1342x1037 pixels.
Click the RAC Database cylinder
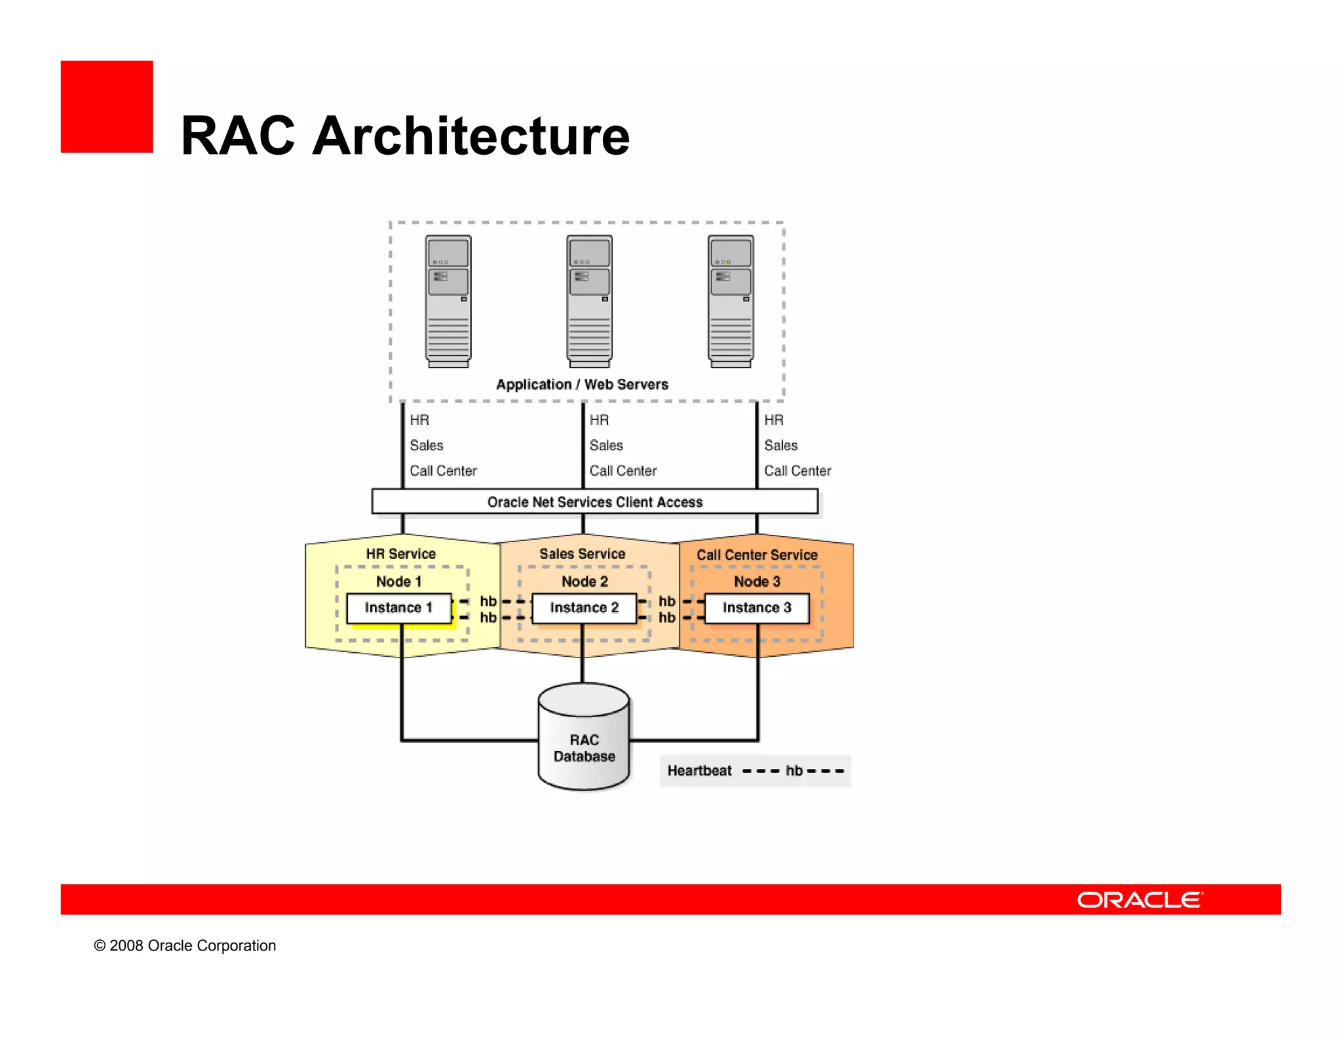[x=584, y=737]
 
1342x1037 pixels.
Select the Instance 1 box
[x=398, y=608]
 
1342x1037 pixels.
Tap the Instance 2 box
[x=584, y=608]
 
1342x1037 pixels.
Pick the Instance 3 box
[x=757, y=608]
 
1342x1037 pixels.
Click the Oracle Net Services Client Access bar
[x=594, y=501]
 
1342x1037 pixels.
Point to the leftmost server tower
[x=448, y=302]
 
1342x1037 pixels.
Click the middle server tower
[x=589, y=302]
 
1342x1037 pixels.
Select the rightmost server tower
[x=731, y=302]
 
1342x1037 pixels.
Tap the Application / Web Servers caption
[x=582, y=385]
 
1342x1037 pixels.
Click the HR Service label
[x=400, y=554]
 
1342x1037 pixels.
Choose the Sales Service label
[x=582, y=554]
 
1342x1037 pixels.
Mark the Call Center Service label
[x=757, y=555]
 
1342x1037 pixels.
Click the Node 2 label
[x=585, y=581]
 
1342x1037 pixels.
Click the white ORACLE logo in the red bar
[x=1140, y=900]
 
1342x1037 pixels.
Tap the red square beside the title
[x=107, y=107]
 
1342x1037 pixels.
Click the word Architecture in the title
[x=470, y=136]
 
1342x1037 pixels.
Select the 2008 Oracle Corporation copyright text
[x=185, y=946]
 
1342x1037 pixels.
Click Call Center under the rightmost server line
[x=797, y=471]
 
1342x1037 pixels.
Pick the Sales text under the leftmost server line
[x=427, y=446]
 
